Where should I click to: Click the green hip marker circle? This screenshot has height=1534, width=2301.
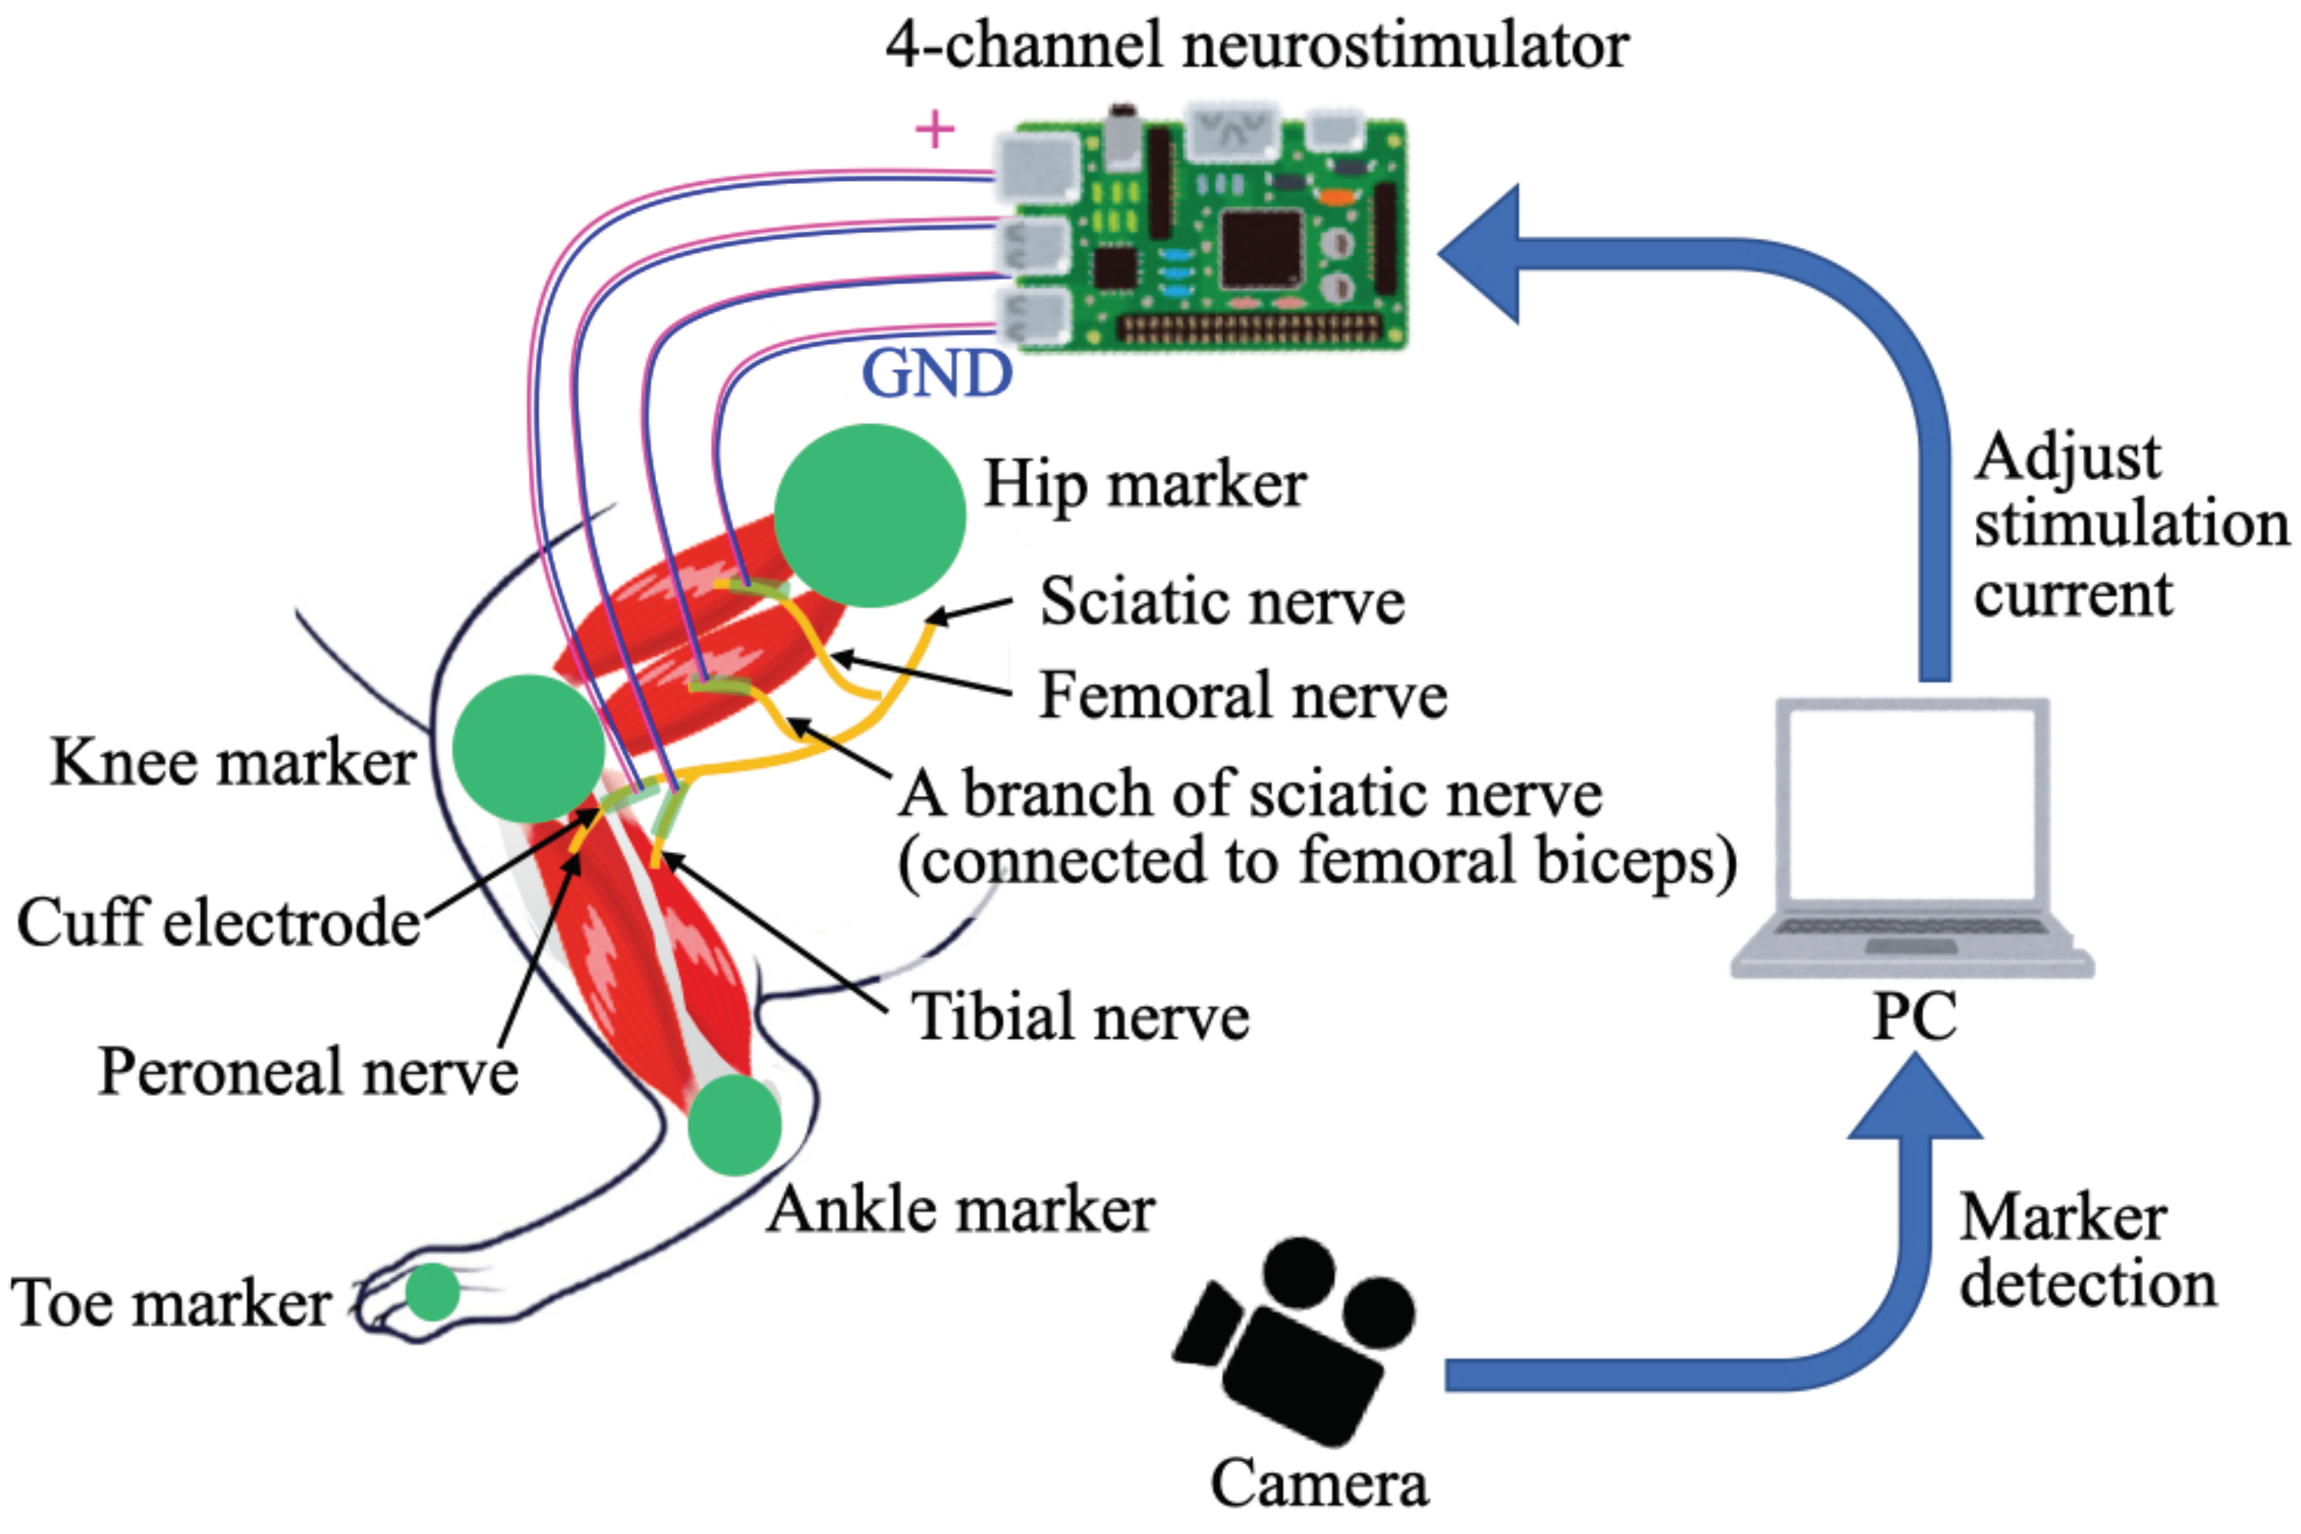pos(869,516)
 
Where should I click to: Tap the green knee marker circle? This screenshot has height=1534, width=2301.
pos(529,749)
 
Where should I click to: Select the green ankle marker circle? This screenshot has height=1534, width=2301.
pos(734,1125)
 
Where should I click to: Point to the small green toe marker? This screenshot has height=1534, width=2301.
pos(432,1291)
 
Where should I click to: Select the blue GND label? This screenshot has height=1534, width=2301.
pos(936,374)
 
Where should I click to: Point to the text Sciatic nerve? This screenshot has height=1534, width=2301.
pos(1222,600)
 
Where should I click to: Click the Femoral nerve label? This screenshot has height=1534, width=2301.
pos(1242,696)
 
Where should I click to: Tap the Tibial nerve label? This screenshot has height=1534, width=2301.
pos(1079,1017)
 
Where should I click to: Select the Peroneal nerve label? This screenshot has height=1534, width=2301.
pos(308,1071)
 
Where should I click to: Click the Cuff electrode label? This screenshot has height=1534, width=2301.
pos(218,922)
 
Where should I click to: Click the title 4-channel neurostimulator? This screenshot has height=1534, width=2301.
pos(1257,45)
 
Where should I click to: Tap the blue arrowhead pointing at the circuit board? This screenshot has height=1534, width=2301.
pos(1483,253)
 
